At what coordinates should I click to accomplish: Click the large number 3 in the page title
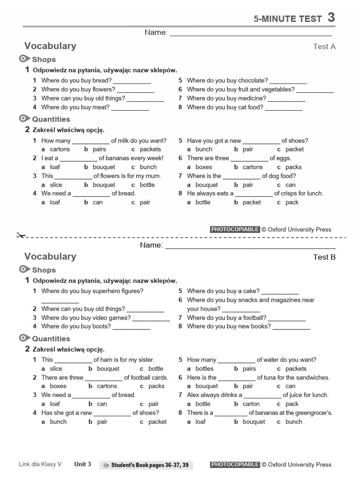pyautogui.click(x=331, y=18)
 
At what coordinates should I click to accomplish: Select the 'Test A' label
pyautogui.click(x=324, y=46)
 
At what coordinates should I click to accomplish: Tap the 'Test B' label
pyautogui.click(x=324, y=257)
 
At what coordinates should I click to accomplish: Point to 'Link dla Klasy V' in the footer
pyautogui.click(x=40, y=465)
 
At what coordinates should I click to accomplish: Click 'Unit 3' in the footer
pyautogui.click(x=82, y=464)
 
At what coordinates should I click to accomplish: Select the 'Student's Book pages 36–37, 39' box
pyautogui.click(x=146, y=465)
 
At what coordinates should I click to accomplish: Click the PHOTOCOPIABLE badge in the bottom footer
pyautogui.click(x=235, y=465)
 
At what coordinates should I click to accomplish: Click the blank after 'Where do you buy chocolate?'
pyautogui.click(x=288, y=81)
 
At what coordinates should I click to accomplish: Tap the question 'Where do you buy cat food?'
pyautogui.click(x=225, y=107)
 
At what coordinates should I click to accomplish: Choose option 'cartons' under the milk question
pyautogui.click(x=60, y=149)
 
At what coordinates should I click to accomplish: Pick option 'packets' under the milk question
pyautogui.click(x=150, y=149)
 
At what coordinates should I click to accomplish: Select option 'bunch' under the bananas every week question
pyautogui.click(x=148, y=167)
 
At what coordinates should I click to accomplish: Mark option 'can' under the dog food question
pyautogui.click(x=290, y=185)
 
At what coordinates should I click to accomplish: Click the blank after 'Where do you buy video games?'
pyautogui.click(x=151, y=318)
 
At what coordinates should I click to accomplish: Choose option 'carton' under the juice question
pyautogui.click(x=251, y=404)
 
